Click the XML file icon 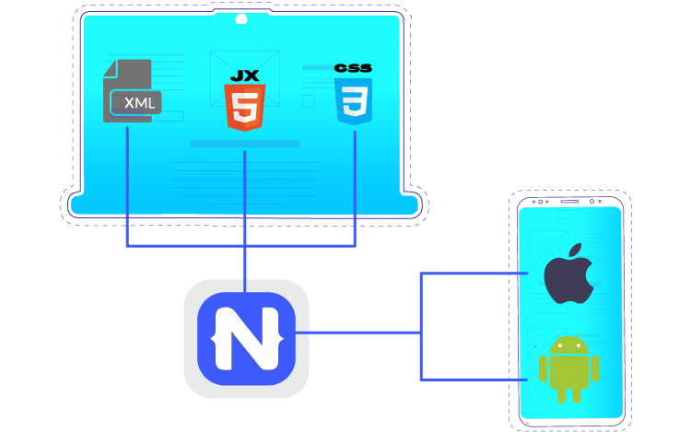coord(129,92)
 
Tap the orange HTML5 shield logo coord(244,106)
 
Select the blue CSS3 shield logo coord(354,101)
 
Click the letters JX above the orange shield coord(244,73)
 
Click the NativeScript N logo coord(246,338)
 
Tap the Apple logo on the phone coord(569,274)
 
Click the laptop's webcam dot coord(241,19)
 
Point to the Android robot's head coord(569,347)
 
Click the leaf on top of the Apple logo coord(577,251)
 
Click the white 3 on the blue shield coord(354,104)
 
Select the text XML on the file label coord(139,102)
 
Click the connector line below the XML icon coord(127,184)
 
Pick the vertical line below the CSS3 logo coord(355,184)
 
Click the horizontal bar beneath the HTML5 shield coord(244,144)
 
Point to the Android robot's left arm coord(545,368)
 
